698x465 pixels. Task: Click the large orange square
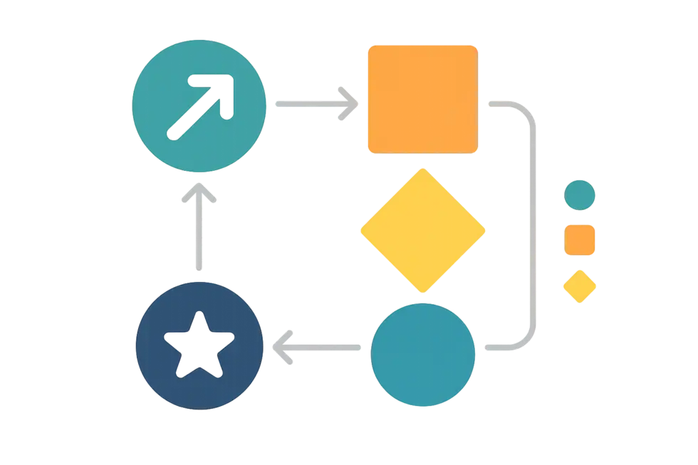pyautogui.click(x=422, y=98)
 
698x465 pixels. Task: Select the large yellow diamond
pyautogui.click(x=423, y=231)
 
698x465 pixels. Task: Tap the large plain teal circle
pyautogui.click(x=423, y=354)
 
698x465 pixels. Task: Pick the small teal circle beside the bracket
pyautogui.click(x=580, y=195)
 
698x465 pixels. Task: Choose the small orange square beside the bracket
pyautogui.click(x=580, y=239)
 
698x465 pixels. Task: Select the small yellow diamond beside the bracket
pyautogui.click(x=580, y=286)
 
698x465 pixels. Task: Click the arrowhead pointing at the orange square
pyautogui.click(x=348, y=104)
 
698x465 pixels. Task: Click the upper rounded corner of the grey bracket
pyautogui.click(x=528, y=113)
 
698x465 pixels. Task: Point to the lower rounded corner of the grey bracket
pyautogui.click(x=528, y=339)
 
